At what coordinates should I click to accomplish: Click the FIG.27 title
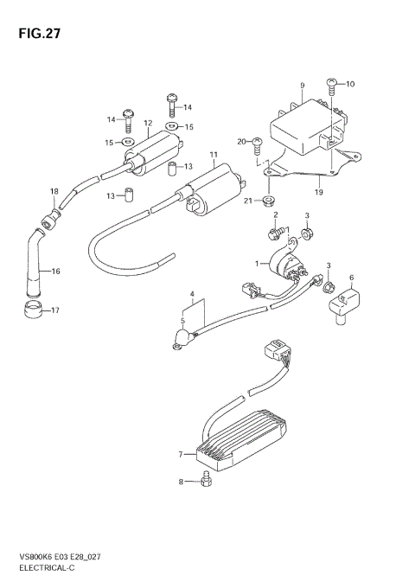point(37,34)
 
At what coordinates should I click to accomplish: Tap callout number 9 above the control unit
point(303,85)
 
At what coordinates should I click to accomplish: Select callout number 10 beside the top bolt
point(350,85)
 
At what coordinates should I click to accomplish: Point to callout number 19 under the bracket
point(319,192)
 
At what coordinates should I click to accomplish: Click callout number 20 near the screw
point(243,141)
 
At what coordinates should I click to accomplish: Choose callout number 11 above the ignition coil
point(213,157)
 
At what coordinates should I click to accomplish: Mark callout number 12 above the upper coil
point(148,123)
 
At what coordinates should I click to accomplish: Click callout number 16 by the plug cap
point(55,272)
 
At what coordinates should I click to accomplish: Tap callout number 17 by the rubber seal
point(56,310)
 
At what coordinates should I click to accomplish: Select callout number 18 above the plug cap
point(53,191)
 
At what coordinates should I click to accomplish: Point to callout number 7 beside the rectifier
point(181,453)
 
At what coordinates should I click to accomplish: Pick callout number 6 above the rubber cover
point(352,278)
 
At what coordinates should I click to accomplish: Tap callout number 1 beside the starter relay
point(257,263)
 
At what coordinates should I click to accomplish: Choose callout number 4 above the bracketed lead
point(192,295)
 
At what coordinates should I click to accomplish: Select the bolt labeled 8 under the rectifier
point(205,481)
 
